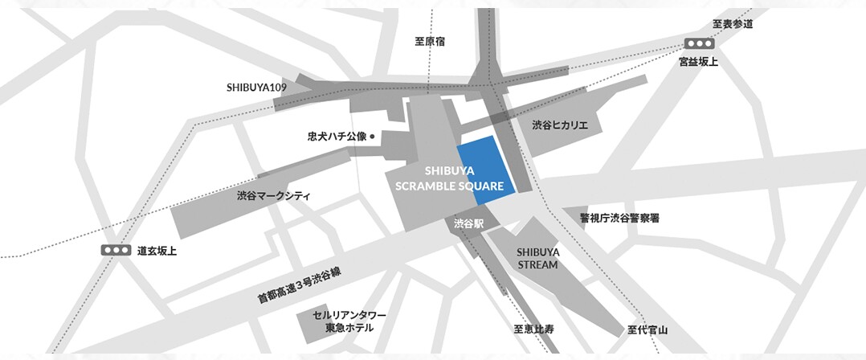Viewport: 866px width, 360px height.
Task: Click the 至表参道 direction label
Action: coord(733,24)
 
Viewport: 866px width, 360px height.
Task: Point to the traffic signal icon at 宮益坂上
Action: coord(699,43)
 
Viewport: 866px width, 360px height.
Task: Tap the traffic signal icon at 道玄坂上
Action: coord(116,250)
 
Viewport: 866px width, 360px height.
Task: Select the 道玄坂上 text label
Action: coord(157,251)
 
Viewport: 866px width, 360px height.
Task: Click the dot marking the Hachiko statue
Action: coord(373,136)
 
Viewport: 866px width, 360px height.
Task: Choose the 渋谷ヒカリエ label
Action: coord(560,125)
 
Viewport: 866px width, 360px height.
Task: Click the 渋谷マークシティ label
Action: coord(273,195)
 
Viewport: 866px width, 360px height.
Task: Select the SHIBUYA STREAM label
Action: coord(537,258)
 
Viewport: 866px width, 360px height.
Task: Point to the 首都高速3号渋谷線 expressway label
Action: coord(299,285)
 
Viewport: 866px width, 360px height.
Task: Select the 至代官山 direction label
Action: coord(647,329)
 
